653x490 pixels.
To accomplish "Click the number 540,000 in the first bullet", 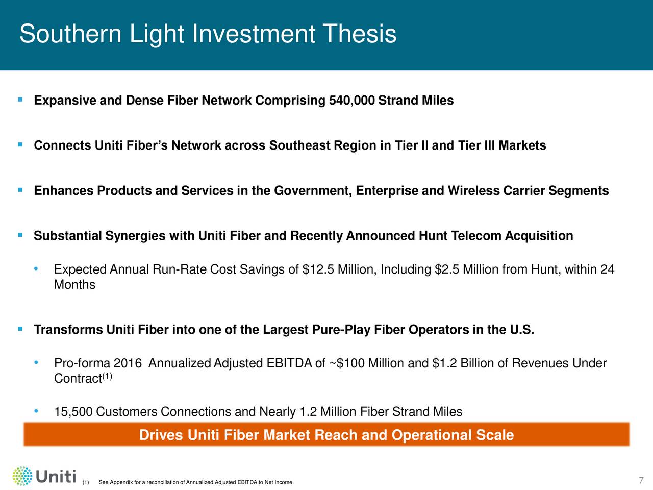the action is (351, 100).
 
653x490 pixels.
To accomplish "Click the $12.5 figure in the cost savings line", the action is (318, 269).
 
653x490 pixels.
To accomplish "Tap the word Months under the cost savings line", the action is (74, 285).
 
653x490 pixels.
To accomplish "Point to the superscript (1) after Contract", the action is (107, 376).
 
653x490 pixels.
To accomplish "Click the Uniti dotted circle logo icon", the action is (22, 476).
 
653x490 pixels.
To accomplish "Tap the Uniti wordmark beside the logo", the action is (56, 476).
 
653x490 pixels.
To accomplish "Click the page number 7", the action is (641, 480).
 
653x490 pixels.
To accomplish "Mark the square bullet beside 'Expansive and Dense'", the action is (20, 100).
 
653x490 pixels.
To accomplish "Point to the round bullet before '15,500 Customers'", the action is (36, 411).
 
